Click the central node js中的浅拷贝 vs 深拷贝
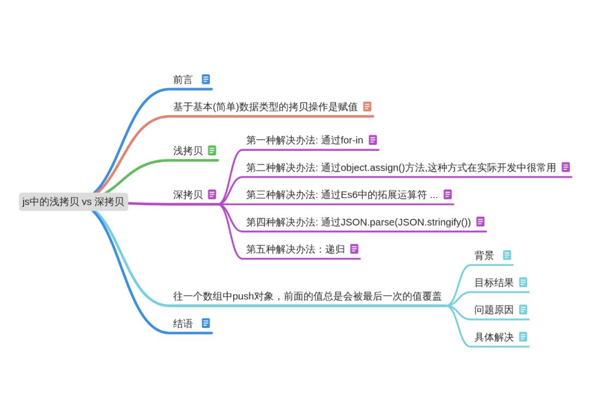coord(73,202)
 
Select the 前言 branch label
coord(183,80)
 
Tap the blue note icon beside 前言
coord(205,79)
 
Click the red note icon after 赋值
coord(367,107)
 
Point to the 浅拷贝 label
coord(188,151)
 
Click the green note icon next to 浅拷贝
coord(212,150)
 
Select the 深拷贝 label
coord(188,195)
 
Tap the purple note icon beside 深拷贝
coord(212,194)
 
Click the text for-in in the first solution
coord(352,140)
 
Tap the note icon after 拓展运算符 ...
coord(447,194)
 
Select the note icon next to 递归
coord(355,249)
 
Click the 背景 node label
coord(484,255)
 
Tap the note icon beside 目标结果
coord(523,282)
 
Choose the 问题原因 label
coord(494,310)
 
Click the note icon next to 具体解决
coord(523,337)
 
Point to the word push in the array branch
coord(244,297)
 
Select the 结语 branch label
coord(183,324)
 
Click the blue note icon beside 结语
coord(205,323)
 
